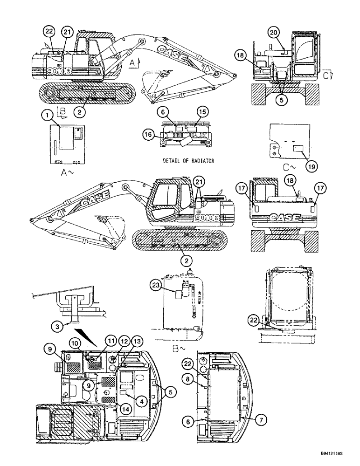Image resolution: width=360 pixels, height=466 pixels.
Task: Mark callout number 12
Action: point(111,342)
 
